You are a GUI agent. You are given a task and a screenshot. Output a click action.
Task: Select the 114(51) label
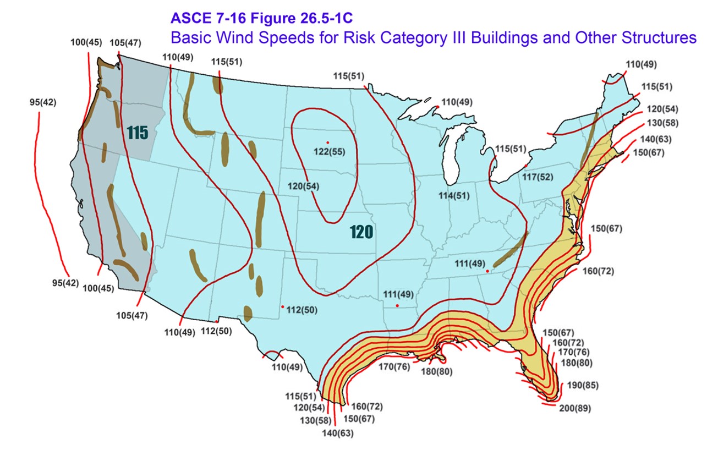click(454, 196)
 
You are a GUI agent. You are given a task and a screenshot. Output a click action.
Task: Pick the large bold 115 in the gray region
click(138, 133)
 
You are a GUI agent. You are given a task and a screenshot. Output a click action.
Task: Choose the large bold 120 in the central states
click(362, 232)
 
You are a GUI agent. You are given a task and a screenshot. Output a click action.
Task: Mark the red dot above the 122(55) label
click(327, 142)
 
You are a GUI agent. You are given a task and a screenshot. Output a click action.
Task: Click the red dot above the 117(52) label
click(526, 166)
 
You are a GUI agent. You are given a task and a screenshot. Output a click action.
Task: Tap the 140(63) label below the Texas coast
click(338, 433)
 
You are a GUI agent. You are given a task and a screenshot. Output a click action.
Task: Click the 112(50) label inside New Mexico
click(302, 310)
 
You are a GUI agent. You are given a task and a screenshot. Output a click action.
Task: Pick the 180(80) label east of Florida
click(576, 363)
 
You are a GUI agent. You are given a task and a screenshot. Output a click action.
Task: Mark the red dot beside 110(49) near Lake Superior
click(437, 106)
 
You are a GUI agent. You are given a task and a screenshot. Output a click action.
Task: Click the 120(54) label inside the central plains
click(303, 186)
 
